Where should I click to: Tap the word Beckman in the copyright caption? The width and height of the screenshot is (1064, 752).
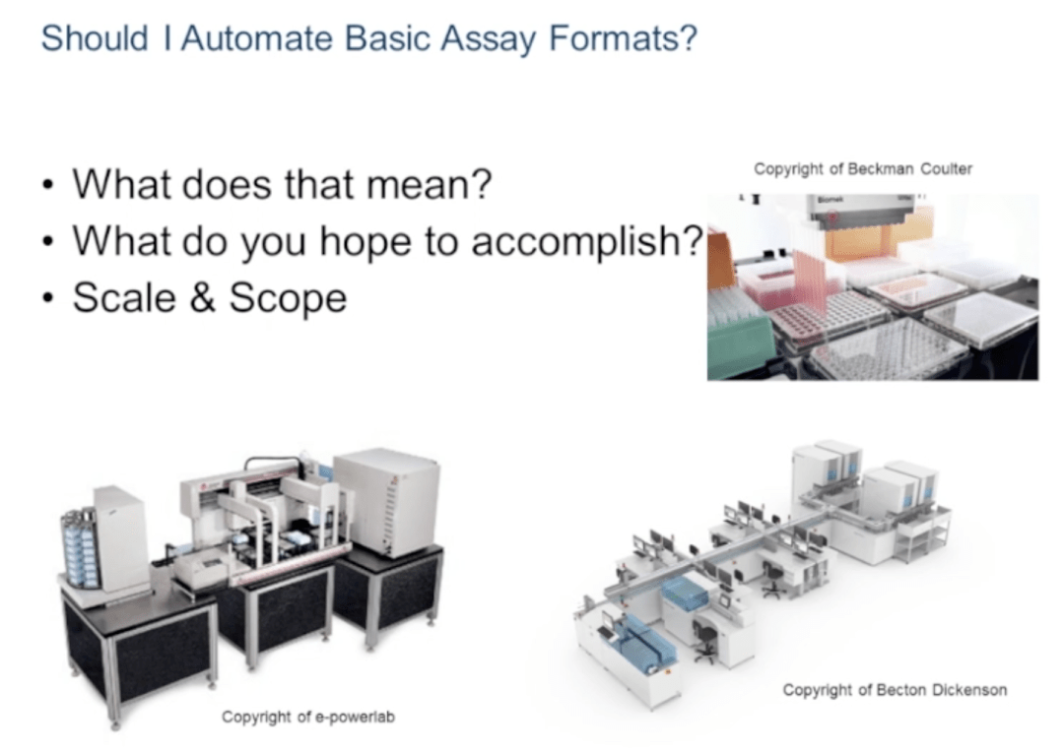[880, 168]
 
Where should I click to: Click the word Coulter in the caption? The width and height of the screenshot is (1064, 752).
[946, 168]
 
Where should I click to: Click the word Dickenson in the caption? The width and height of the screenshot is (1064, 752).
[969, 690]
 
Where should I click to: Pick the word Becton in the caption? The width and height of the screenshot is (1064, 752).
[901, 690]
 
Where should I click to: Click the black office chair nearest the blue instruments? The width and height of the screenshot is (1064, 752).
[705, 639]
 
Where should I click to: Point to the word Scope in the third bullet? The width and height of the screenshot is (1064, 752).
[288, 297]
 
